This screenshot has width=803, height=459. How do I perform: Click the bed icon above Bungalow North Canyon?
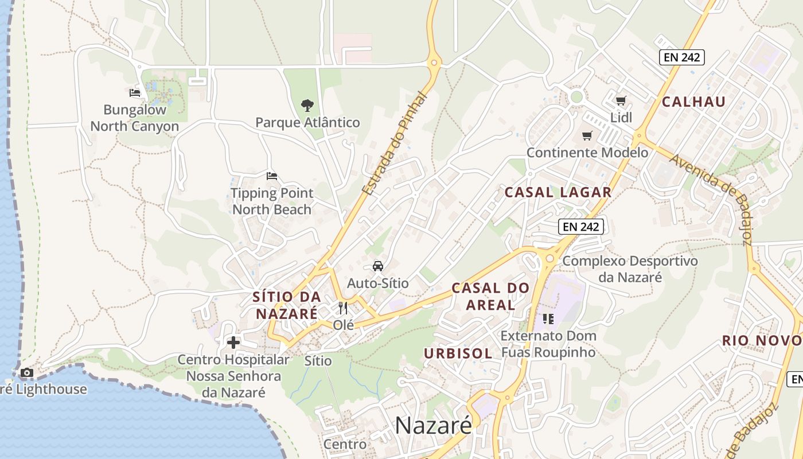[135, 92]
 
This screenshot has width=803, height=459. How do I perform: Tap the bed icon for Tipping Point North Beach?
[272, 176]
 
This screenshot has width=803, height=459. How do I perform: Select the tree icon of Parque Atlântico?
[307, 106]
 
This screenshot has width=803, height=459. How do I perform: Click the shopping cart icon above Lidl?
[621, 101]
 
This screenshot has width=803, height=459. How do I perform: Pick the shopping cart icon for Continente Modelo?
[587, 136]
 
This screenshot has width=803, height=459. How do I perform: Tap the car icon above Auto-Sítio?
[377, 266]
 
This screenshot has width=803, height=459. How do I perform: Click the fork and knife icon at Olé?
[343, 308]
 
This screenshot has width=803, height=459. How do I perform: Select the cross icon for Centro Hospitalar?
[233, 343]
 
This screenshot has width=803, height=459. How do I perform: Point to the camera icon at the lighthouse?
[26, 373]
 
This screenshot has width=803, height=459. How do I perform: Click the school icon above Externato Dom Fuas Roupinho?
[548, 318]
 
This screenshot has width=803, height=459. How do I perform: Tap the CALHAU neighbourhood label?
[694, 102]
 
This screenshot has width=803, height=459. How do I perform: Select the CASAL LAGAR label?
[558, 193]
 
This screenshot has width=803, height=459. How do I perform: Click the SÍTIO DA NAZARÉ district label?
[286, 305]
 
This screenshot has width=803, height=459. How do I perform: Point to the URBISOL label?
[458, 353]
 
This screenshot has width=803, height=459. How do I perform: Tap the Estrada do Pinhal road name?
[396, 143]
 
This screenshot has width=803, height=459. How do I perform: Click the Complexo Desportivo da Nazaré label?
[630, 269]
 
